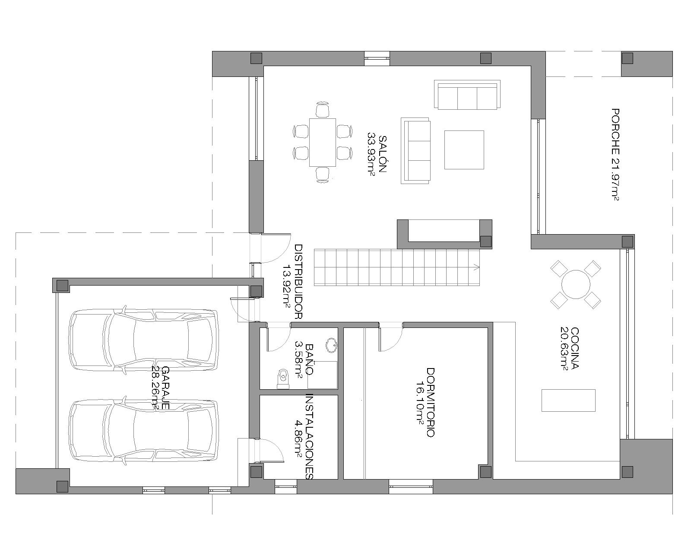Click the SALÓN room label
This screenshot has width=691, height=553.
[383, 154]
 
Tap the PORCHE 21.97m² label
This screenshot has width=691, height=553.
[615, 155]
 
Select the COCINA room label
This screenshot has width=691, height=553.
[575, 348]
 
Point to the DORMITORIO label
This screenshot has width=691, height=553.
[431, 402]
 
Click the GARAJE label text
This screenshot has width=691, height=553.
[165, 388]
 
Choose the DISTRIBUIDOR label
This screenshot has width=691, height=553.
[298, 282]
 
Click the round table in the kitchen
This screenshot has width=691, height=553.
[576, 285]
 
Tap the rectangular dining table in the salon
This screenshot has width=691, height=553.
[322, 142]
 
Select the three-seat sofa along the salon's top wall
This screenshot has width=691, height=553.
[467, 95]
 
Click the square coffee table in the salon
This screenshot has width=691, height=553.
[464, 150]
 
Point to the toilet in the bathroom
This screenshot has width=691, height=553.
[283, 378]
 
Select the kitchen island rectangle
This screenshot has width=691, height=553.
[568, 400]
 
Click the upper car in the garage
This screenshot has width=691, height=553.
[143, 340]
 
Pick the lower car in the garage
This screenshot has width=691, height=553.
[143, 431]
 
